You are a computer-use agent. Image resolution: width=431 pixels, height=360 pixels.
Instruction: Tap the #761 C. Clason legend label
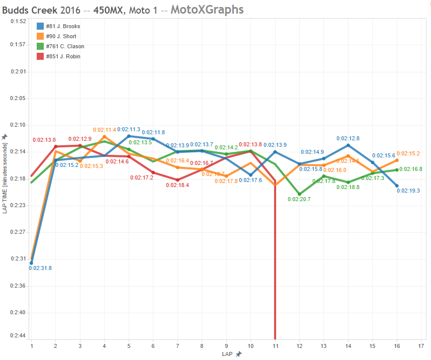pyautogui.click(x=65, y=46)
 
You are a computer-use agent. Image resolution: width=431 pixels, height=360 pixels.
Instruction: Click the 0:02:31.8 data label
pyautogui.click(x=40, y=268)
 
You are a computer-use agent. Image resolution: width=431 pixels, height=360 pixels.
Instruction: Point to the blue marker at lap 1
pyautogui.click(x=31, y=263)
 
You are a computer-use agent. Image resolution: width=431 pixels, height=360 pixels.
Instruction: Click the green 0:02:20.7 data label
pyautogui.click(x=299, y=199)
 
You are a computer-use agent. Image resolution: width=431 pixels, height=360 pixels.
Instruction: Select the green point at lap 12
pyautogui.click(x=299, y=194)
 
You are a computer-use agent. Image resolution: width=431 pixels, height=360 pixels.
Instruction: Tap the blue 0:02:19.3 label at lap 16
pyautogui.click(x=408, y=191)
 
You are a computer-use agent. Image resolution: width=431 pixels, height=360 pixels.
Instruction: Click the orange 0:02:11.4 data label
pyautogui.click(x=104, y=130)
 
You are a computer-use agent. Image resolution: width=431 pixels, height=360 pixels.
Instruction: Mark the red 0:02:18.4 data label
pyautogui.click(x=178, y=185)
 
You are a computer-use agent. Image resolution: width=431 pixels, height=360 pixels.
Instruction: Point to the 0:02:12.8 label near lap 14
pyautogui.click(x=348, y=138)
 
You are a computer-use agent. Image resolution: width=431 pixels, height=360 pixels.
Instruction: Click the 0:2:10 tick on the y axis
pyautogui.click(x=18, y=125)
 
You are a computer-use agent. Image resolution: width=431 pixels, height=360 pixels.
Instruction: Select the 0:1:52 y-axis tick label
pyautogui.click(x=18, y=22)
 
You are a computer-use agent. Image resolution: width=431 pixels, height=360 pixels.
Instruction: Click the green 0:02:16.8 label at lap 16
pyautogui.click(x=410, y=169)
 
